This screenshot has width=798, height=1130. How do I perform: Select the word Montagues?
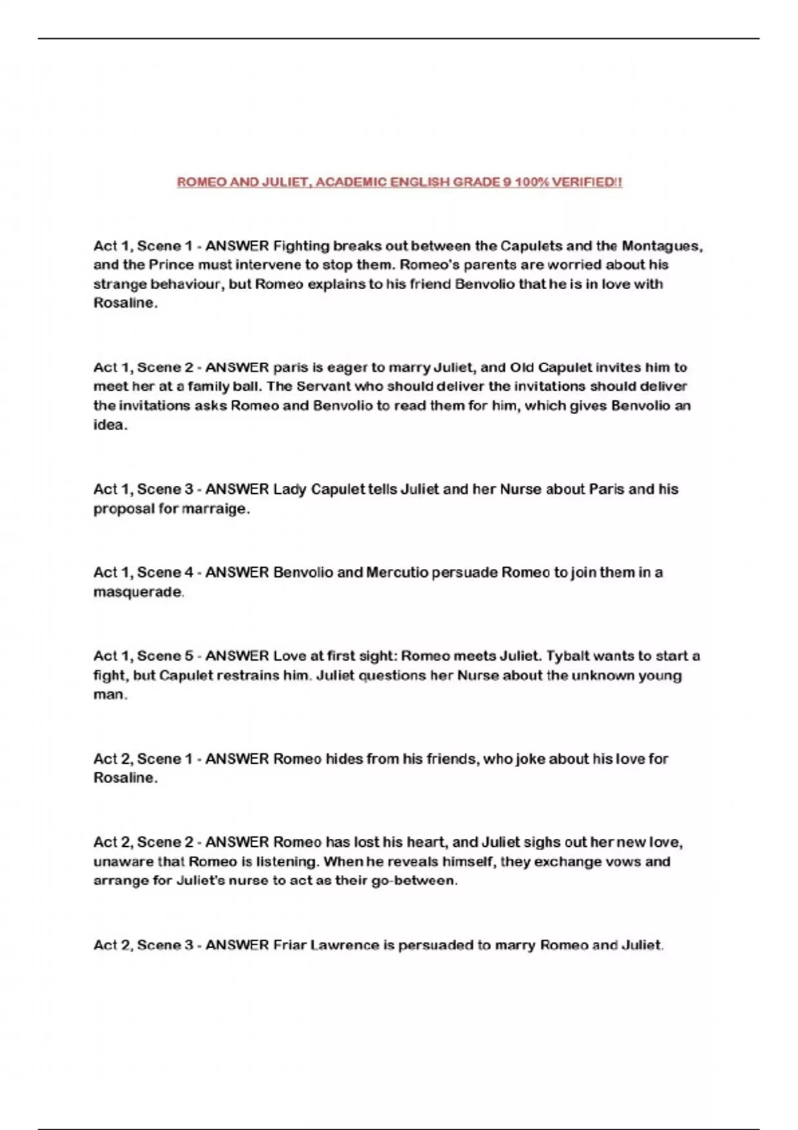click(662, 246)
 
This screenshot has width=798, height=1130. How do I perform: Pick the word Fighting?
click(301, 246)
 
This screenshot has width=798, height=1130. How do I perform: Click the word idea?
click(110, 425)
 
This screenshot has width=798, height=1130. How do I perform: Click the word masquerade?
click(138, 592)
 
